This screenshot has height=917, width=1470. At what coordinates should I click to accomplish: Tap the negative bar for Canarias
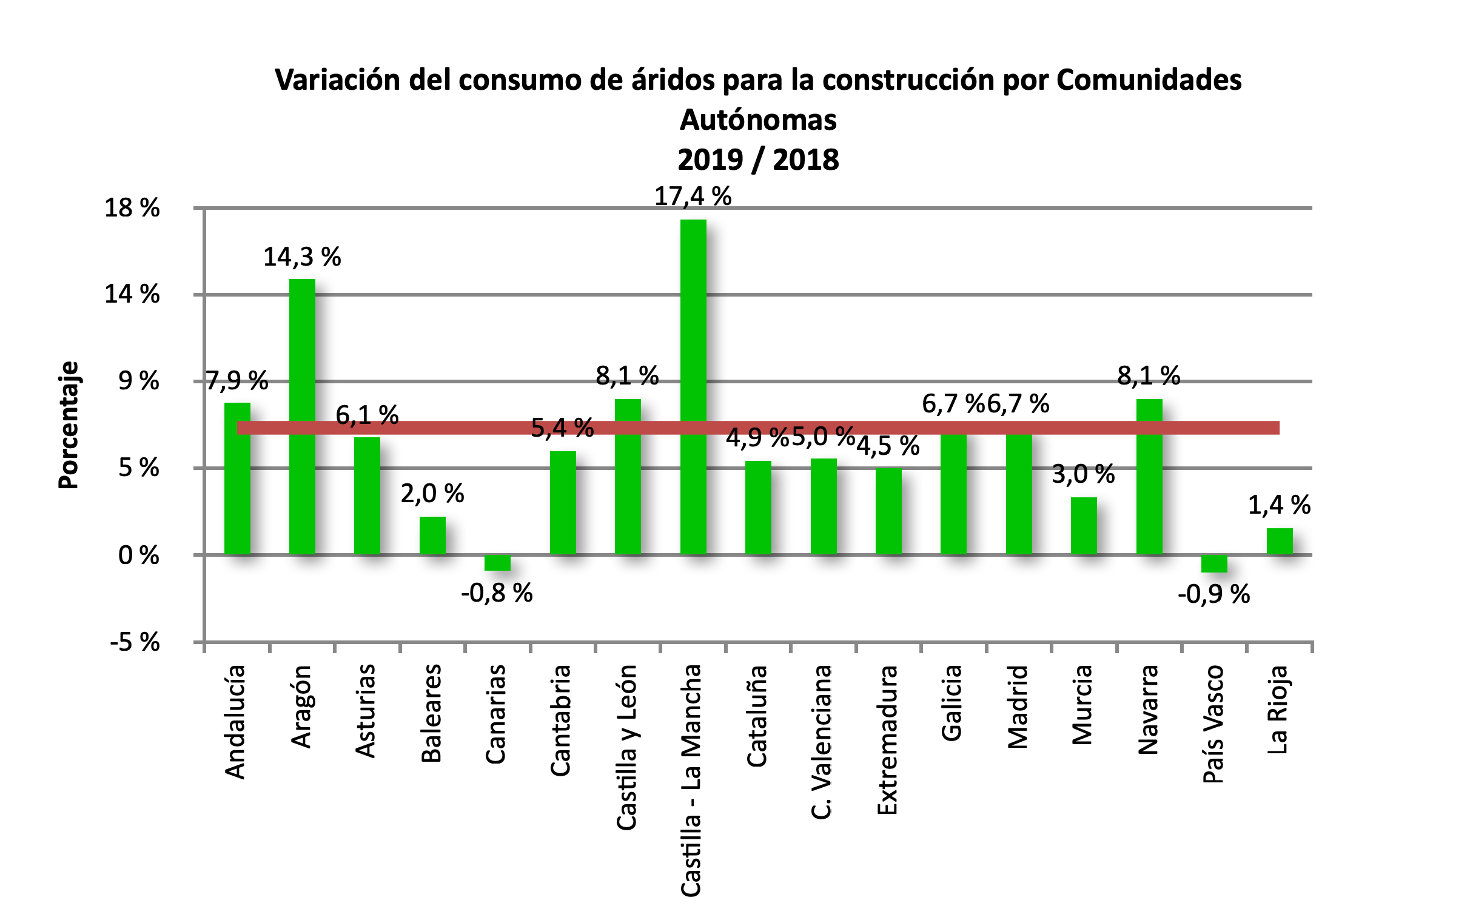pos(497,563)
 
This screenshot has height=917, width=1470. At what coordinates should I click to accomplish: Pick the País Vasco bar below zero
pos(1214,563)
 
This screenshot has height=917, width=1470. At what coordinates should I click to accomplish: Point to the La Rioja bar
pos(1280,541)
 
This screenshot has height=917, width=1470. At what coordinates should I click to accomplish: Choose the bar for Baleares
pos(432,535)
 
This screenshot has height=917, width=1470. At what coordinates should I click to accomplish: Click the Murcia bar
pos(1084,525)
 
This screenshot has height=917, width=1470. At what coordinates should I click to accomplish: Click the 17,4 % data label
pos(693,196)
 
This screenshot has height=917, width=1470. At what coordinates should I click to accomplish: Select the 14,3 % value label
pos(302,257)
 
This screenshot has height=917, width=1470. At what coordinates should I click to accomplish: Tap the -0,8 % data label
pos(497,593)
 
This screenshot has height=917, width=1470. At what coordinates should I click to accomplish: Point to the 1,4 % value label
pos(1279,505)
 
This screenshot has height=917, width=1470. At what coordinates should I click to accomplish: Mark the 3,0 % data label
pos(1083,474)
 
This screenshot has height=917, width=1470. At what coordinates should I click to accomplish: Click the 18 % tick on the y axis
pos(132,208)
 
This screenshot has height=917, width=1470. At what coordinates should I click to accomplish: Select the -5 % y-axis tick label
pos(135,642)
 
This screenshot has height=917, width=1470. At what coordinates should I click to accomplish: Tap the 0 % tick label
pos(139,555)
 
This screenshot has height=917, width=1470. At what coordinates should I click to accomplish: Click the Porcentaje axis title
pos(68,425)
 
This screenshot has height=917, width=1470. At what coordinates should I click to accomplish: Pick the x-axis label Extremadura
pos(887,740)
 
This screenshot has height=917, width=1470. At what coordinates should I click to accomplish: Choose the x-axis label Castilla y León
pos(626,747)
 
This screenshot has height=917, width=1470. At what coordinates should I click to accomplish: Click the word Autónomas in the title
pos(758,120)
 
